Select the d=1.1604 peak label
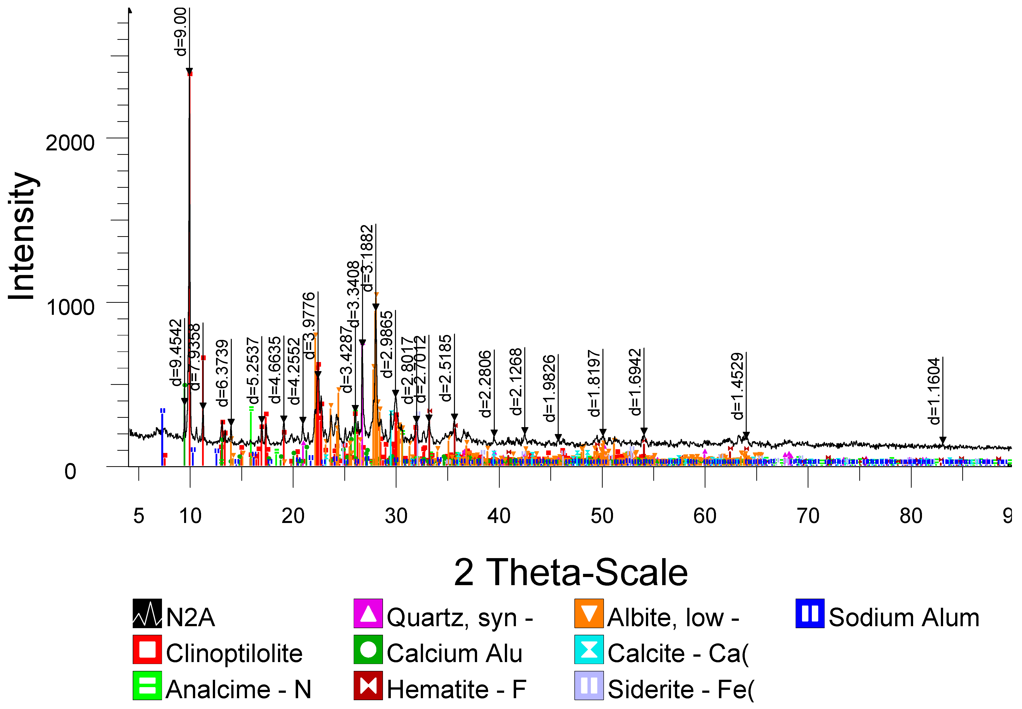coord(934,391)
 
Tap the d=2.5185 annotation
coord(445,368)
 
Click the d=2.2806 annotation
coord(485,384)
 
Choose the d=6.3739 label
coord(222,373)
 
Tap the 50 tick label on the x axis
coord(602,516)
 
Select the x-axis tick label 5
coord(139,516)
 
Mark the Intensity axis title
coord(22,236)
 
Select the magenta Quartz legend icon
coord(368,613)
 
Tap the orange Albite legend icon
coord(589,613)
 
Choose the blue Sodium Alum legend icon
coord(810,613)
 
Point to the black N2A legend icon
coord(147,613)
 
